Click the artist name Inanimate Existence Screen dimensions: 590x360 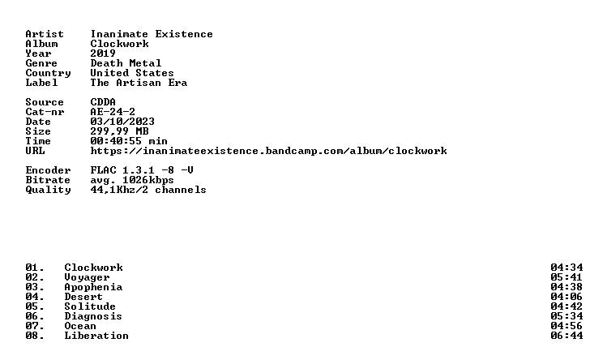(x=152, y=34)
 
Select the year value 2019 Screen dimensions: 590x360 (x=103, y=54)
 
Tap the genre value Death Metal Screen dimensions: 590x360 (x=126, y=63)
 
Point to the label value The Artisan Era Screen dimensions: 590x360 (x=139, y=83)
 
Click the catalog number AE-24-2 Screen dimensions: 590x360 (x=113, y=112)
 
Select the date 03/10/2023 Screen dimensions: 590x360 (x=122, y=122)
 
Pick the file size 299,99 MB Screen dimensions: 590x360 (x=119, y=131)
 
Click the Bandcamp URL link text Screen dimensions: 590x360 (x=269, y=151)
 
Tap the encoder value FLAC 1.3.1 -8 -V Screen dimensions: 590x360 (x=142, y=170)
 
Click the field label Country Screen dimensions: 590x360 (x=48, y=73)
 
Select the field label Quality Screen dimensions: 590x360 (x=48, y=190)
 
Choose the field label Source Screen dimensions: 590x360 (x=45, y=102)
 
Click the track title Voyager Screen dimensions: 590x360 (x=87, y=277)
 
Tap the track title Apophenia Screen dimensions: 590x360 (x=93, y=287)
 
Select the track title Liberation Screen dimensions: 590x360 (x=96, y=336)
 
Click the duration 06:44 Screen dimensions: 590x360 (x=566, y=336)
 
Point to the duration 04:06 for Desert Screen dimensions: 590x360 (x=566, y=297)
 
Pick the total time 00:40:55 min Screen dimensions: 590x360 (x=129, y=141)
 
